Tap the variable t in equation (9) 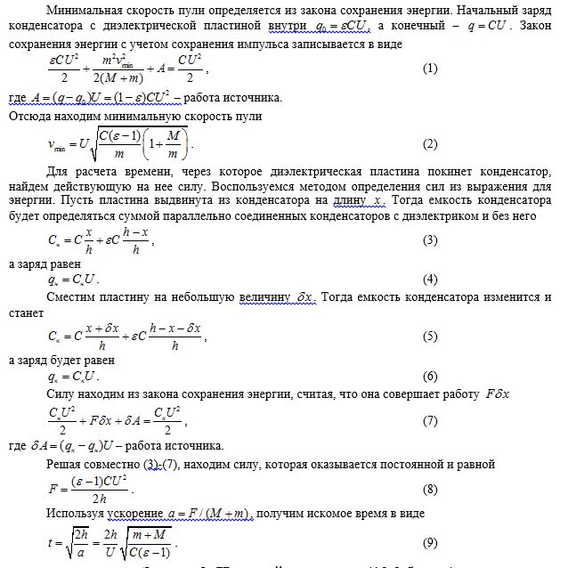coord(51,543)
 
